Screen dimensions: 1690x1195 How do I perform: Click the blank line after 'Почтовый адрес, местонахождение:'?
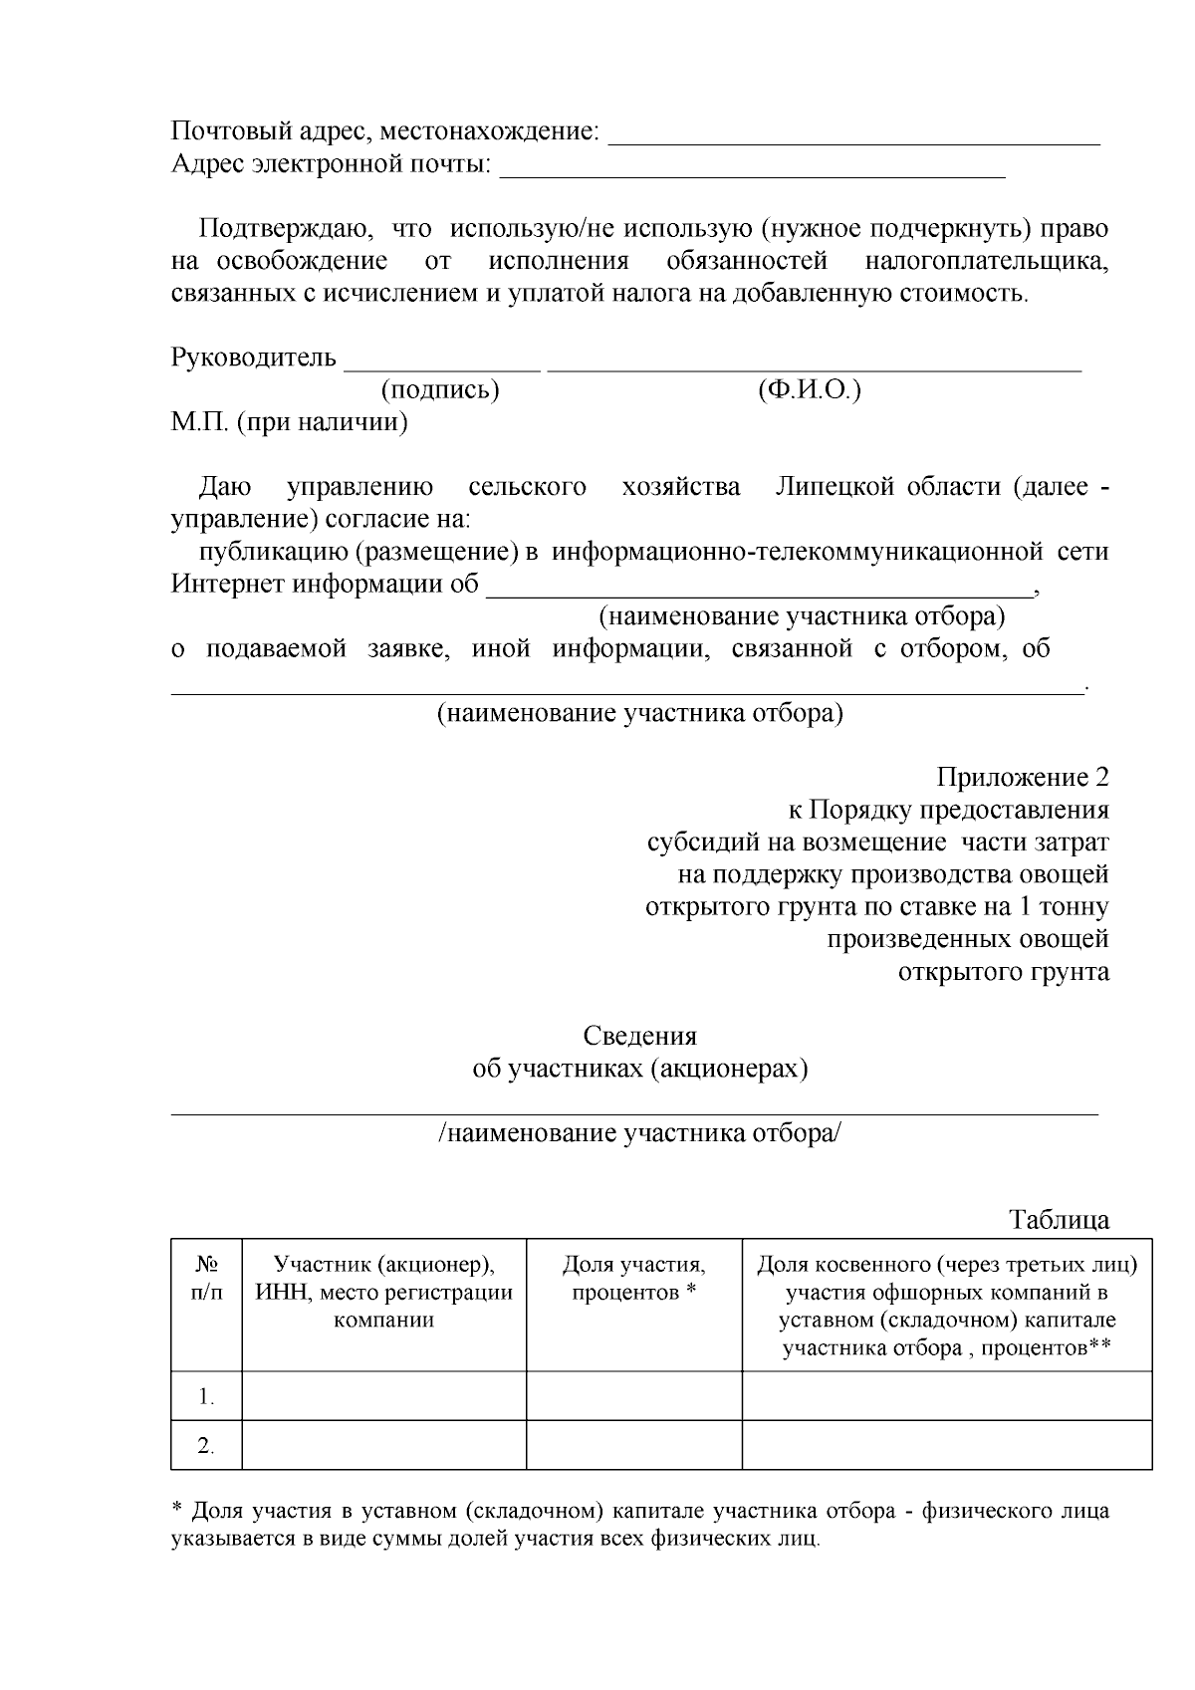point(853,139)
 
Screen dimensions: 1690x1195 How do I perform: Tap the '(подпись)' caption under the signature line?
point(440,389)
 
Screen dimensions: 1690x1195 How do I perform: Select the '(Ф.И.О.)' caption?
point(809,389)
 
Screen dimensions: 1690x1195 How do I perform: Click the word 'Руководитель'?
point(254,358)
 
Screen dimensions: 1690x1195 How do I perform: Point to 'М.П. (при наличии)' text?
point(290,422)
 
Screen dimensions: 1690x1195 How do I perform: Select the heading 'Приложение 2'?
point(1022,777)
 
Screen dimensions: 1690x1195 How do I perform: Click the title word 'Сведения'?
point(639,1036)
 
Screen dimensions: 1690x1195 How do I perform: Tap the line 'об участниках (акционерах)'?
point(639,1069)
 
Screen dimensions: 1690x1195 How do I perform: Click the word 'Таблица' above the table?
point(1059,1219)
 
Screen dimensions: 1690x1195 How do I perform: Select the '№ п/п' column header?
point(206,1278)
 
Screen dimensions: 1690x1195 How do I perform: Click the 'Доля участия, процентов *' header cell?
point(633,1278)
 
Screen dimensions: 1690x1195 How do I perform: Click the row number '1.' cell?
point(206,1396)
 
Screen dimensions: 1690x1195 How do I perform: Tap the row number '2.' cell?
point(206,1446)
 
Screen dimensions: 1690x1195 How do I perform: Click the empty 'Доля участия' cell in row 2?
point(633,1445)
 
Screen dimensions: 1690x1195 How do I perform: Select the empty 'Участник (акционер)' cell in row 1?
point(384,1395)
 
